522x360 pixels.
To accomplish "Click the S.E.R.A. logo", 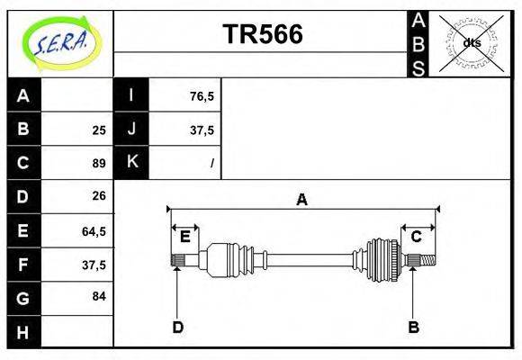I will point(59,42).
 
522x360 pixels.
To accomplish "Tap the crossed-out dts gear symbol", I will point(471,42).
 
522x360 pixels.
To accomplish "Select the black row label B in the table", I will point(23,129).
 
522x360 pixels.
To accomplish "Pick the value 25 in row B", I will point(98,130).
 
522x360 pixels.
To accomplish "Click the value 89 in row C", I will point(98,163).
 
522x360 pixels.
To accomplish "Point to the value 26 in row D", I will point(98,196).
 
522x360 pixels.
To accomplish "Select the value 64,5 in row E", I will point(94,230).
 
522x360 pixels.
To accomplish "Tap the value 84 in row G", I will point(98,296).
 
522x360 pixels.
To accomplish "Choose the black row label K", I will point(131,162).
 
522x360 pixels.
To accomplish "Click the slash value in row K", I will point(211,164).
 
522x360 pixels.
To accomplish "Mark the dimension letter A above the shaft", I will point(301,200).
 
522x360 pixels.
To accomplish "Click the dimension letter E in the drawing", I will point(184,237).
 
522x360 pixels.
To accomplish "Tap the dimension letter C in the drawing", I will point(416,237).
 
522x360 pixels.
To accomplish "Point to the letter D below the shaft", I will point(177,327).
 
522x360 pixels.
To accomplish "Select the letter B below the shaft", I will point(413,327).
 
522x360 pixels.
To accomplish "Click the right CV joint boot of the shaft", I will point(382,260).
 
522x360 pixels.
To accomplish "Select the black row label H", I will point(23,331).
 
